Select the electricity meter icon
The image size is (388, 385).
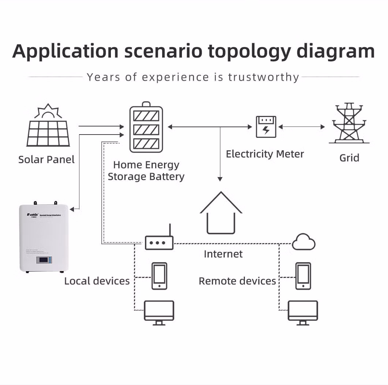coord(266,126)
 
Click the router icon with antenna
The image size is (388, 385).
coord(159,242)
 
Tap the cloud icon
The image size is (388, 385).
coord(304,242)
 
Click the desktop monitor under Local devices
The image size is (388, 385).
coord(159,312)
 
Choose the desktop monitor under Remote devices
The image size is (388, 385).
coord(303,312)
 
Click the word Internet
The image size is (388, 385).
coord(223,254)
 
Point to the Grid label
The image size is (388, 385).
coord(349,158)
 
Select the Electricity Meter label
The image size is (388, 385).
coord(265,154)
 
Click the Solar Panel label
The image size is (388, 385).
coord(46,159)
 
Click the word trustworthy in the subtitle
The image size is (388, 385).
coord(264,77)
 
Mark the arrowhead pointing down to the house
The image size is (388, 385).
coord(220,179)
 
